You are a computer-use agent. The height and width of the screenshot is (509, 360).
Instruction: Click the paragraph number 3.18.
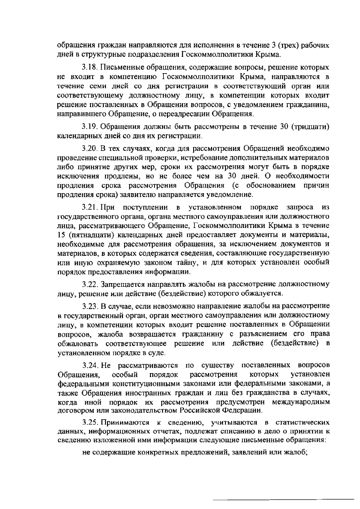coord(90,67)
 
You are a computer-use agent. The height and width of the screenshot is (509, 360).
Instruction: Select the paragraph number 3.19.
coord(90,127)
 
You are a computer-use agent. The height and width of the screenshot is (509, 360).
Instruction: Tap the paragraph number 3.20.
coord(90,148)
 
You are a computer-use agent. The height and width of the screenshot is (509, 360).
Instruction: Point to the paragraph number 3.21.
coord(90,207)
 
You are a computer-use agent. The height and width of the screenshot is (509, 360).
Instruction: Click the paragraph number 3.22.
coord(90,284)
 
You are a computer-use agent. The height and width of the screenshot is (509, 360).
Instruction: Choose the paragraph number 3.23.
coord(90,306)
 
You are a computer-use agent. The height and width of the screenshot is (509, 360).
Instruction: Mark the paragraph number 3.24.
coord(90,365)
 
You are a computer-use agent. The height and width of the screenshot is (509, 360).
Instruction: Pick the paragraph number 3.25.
coord(90,423)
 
